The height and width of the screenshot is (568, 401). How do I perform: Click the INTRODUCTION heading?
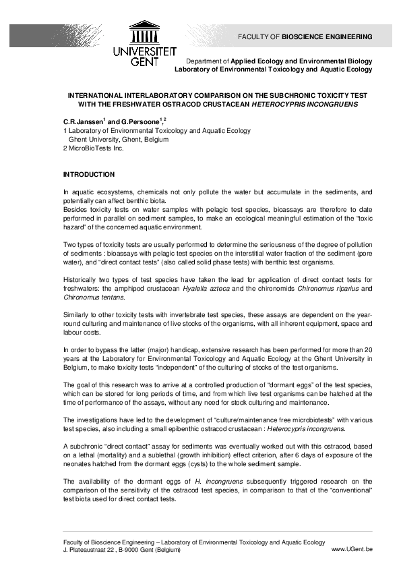(x=88, y=175)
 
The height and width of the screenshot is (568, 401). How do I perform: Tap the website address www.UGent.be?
(x=352, y=550)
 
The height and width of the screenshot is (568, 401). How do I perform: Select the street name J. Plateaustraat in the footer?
(x=87, y=550)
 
